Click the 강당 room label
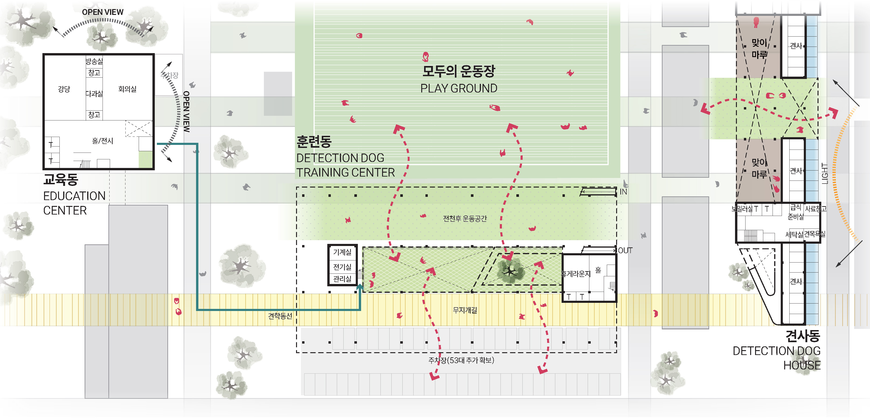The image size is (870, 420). coord(64,89)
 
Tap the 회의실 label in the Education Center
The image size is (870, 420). coord(127,89)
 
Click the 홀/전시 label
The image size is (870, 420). coord(103,141)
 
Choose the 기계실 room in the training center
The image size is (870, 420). coord(342,252)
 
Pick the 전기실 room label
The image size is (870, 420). coord(342,267)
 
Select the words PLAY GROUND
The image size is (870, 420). coord(459,88)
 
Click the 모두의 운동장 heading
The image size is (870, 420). coord(459,71)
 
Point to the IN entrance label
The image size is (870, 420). coord(623,192)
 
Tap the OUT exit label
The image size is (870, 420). coord(625,251)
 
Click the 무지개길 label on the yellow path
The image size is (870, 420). coord(465,310)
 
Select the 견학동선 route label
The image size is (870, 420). coord(280,316)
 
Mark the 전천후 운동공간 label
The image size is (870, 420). coord(465,219)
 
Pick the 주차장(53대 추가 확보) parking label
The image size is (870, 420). coord(461,360)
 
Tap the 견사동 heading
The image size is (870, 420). coord(802,336)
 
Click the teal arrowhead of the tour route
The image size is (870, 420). coord(360,287)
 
